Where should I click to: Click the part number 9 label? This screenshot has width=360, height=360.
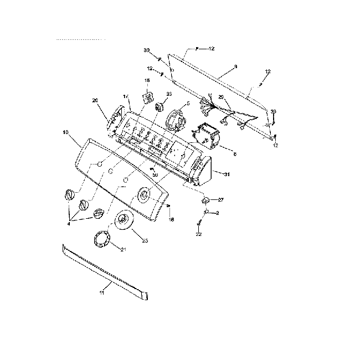coord(235,66)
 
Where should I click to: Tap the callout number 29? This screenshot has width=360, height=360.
coord(220,97)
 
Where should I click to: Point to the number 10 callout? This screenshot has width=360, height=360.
coord(66,133)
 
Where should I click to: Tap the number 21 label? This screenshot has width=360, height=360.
coord(123,250)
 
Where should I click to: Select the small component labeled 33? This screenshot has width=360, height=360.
coord(161,107)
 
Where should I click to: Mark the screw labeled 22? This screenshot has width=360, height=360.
coord(198,222)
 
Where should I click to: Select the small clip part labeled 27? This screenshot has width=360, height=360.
coord(205,199)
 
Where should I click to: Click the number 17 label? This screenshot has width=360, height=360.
coord(126,97)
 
